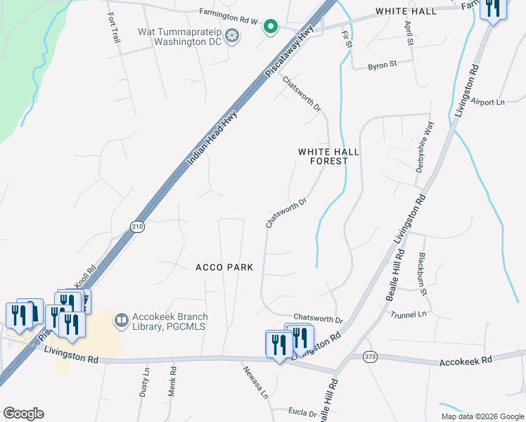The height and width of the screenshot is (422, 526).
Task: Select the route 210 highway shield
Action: tap(136, 225)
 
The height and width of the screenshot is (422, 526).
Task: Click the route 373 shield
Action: tap(370, 357)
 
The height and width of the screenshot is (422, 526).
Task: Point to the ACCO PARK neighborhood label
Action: tap(224, 268)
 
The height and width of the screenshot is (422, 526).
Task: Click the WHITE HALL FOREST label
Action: tap(323, 156)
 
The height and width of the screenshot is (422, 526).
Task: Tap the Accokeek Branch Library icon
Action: tap(122, 321)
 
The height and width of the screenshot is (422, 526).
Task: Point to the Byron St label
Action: tap(383, 64)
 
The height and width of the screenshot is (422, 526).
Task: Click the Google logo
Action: tap(23, 414)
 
